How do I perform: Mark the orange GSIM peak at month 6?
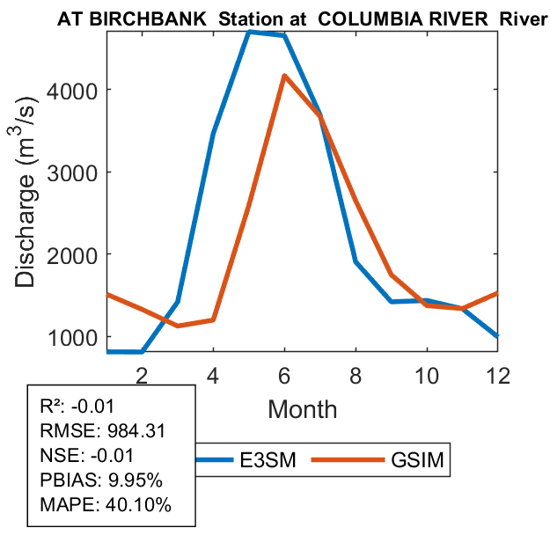pyautogui.click(x=284, y=77)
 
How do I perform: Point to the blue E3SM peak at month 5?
pyautogui.click(x=250, y=32)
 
